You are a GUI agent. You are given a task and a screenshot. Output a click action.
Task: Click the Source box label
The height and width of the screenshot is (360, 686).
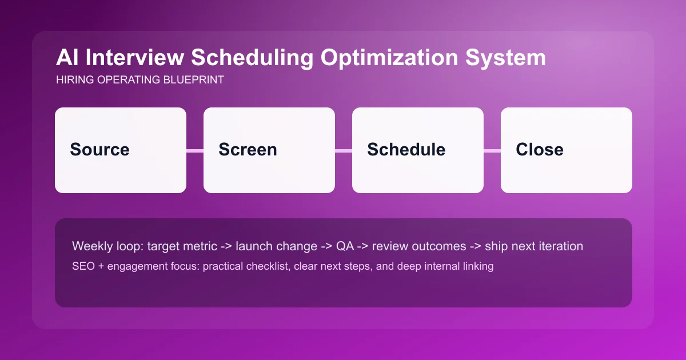[99, 150]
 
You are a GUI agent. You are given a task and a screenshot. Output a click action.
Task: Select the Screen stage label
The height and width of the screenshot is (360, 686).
[248, 150]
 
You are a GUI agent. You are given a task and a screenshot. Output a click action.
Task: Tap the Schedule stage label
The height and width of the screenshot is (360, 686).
[406, 150]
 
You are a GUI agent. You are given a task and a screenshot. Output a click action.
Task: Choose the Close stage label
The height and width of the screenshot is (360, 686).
[539, 150]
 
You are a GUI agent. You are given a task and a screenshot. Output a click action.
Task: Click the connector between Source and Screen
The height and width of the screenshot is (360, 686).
[195, 151]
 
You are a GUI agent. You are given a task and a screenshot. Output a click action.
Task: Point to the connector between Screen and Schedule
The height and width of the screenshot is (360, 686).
[344, 151]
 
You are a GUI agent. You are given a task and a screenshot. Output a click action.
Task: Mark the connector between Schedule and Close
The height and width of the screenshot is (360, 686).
[492, 151]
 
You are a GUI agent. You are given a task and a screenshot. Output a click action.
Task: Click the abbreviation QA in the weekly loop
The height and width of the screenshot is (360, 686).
[345, 246]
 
